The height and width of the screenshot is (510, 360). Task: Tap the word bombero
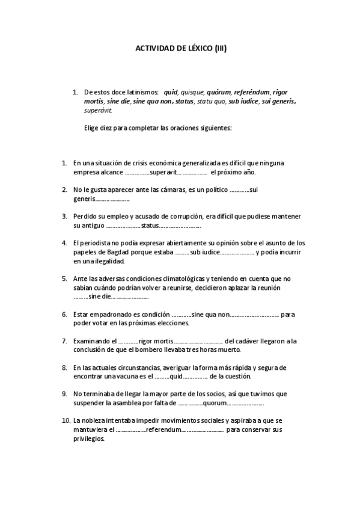tap(169, 349)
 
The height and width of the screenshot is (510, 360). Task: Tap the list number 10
tap(66, 420)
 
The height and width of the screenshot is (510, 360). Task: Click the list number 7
tap(64, 340)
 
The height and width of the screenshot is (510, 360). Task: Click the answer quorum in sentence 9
tap(214, 403)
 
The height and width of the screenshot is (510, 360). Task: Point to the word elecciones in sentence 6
tap(169, 322)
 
